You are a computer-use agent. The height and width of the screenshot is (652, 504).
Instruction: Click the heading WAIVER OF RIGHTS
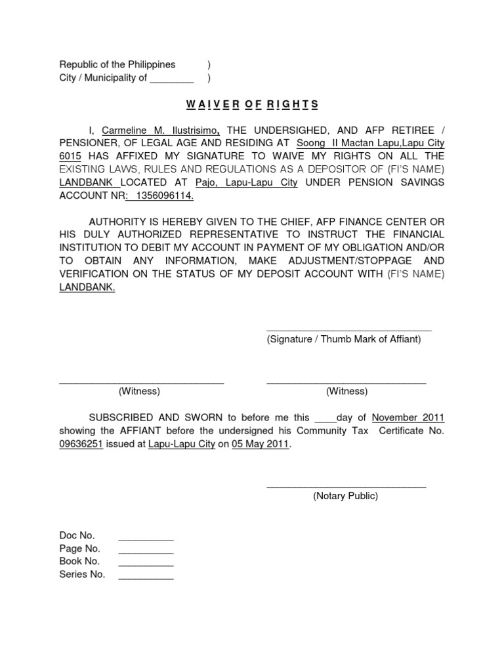pos(251,104)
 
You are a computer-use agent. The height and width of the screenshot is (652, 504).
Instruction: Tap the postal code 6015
pos(70,156)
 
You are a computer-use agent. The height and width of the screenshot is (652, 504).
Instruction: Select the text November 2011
pos(408,417)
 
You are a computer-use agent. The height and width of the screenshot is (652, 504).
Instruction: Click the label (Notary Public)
pos(346,496)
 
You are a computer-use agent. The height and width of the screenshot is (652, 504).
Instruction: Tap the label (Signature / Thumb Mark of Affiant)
pos(344,339)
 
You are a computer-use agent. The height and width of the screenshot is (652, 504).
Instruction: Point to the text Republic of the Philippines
pos(117,64)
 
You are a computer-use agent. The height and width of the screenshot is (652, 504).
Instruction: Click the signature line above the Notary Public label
pos(346,486)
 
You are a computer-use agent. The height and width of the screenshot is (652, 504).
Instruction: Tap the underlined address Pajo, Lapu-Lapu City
pos(246,182)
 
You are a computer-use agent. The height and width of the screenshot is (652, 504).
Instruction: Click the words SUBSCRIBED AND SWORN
pos(156,417)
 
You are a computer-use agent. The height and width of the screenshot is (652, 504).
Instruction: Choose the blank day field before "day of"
pos(326,417)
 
